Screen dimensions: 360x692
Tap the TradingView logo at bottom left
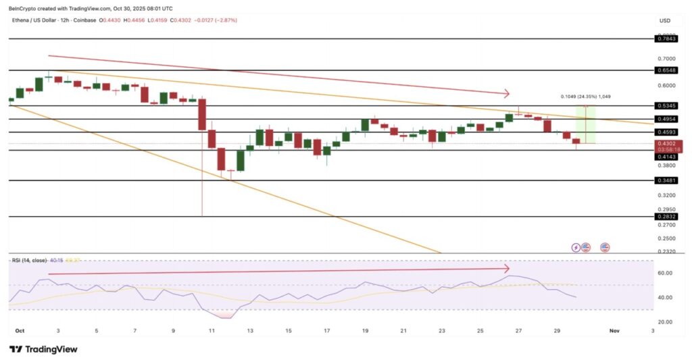[43, 349]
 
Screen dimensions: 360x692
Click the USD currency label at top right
[665, 21]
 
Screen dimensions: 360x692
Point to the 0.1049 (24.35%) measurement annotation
[586, 97]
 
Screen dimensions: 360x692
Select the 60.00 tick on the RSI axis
[666, 274]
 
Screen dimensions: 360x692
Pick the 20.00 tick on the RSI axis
[666, 322]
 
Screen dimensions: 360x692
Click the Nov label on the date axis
[614, 331]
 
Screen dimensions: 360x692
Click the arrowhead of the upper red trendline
[507, 93]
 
